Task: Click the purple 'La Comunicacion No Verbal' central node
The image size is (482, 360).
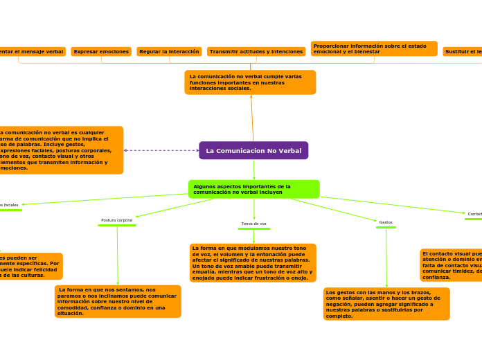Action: point(253,150)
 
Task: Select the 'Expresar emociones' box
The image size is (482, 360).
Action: point(101,52)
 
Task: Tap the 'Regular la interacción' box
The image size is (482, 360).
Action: point(169,52)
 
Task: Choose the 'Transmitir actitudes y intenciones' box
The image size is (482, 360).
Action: point(256,52)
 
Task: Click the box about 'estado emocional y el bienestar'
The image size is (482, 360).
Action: point(374,48)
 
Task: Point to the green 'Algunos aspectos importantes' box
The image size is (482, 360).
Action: point(253,189)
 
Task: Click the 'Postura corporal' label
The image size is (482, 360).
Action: point(117,220)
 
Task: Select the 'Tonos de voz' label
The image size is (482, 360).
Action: point(253,224)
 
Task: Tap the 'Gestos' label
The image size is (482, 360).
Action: point(386,222)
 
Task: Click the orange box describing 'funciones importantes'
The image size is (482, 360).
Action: point(250,82)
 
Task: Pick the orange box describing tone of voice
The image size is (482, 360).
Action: point(253,263)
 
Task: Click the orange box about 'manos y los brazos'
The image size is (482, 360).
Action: point(386,304)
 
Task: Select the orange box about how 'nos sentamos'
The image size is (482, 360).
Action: point(118,301)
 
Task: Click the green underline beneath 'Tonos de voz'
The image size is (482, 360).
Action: point(253,228)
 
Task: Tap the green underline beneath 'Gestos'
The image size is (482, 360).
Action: point(386,227)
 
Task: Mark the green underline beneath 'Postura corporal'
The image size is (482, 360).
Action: point(117,225)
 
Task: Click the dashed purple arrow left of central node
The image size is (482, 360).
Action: point(161,150)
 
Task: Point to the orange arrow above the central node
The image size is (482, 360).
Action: point(252,118)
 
